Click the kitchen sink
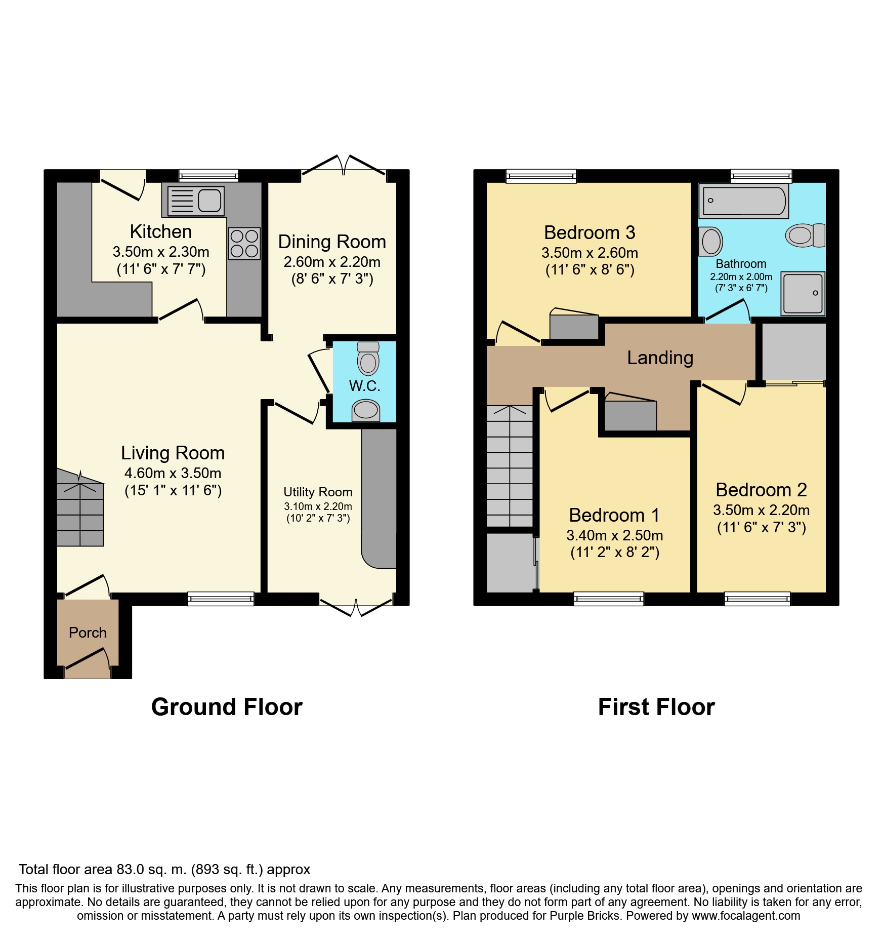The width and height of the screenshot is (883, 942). pos(195,201)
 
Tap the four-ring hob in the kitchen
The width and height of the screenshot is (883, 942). pos(244,244)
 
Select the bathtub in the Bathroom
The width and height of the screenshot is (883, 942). pos(743,201)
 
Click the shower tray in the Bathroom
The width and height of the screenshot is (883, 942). pos(803,294)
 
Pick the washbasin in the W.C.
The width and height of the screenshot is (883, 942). pos(366,411)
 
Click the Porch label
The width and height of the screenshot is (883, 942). pos(88,633)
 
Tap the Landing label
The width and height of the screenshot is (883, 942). pos(660,358)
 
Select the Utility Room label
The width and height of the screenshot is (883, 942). pos(318,492)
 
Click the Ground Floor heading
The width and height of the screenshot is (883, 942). pos(227,706)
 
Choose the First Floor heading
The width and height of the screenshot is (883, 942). pos(656,706)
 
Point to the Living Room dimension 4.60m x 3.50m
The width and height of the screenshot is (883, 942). pos(173,473)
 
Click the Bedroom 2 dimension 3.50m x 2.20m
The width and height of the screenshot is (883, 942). pos(761,510)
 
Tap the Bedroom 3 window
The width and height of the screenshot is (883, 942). pos(541,176)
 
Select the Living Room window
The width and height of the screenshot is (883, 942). pos(221,599)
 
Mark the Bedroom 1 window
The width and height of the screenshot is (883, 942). pos(608,599)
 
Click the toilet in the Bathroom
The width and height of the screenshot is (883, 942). pos(805,235)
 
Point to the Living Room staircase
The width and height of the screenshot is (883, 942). pos(80,508)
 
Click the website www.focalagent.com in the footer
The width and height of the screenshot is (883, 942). pos(746,916)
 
